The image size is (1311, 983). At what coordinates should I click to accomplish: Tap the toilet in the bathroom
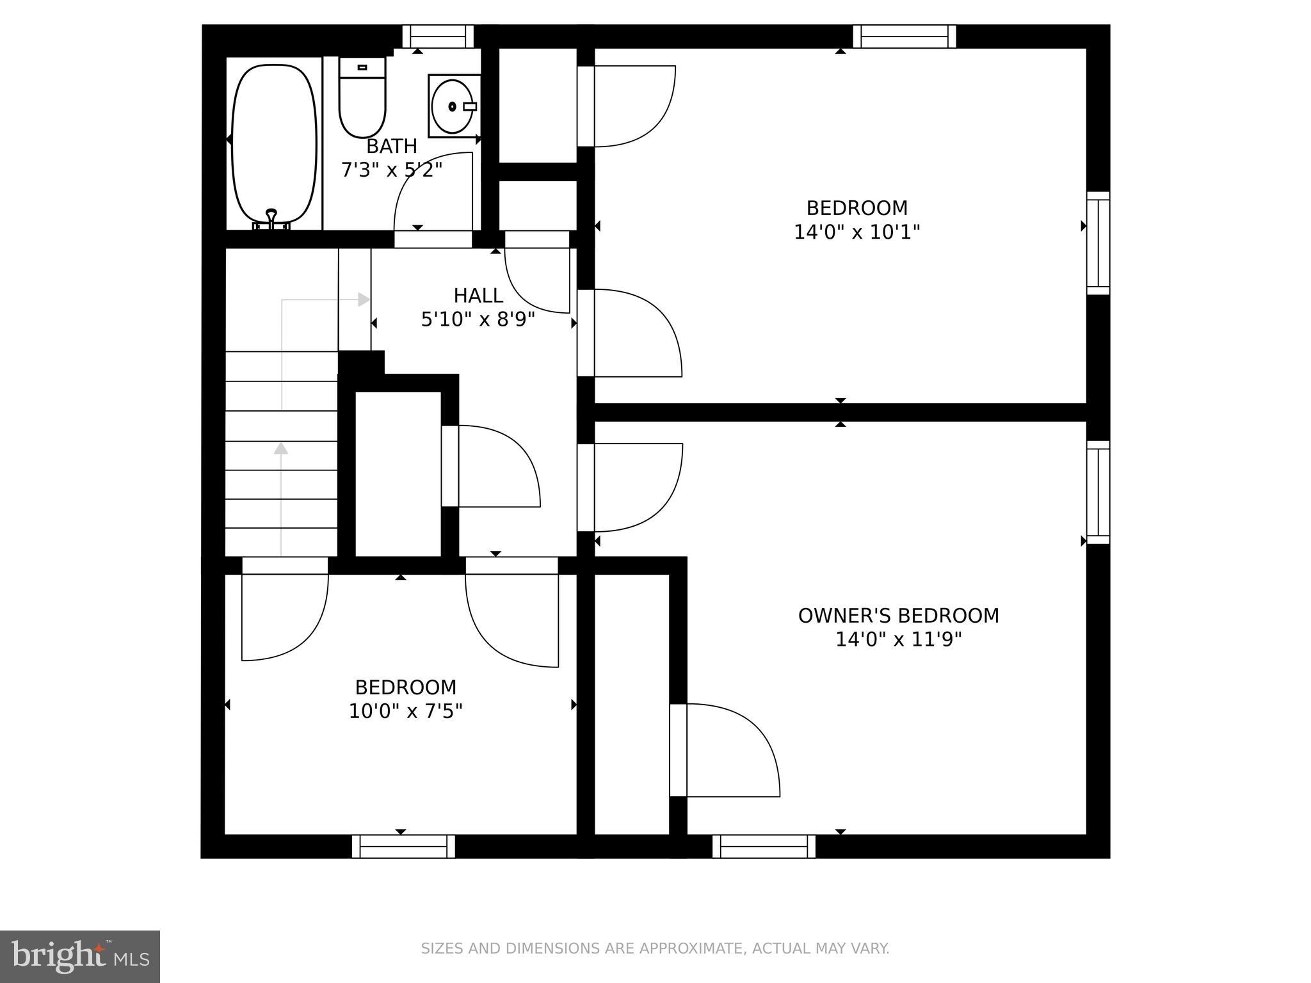[362, 102]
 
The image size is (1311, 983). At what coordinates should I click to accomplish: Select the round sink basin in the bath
[452, 106]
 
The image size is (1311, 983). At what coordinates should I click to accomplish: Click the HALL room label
[478, 296]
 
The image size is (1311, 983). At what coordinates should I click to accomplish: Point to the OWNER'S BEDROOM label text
[898, 616]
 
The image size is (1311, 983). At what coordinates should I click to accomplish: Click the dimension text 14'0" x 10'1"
[857, 232]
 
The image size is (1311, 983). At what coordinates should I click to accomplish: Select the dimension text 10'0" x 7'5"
[405, 711]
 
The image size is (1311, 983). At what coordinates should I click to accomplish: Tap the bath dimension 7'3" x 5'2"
[391, 170]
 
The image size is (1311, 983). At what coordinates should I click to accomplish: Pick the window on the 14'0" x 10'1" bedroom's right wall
[1098, 243]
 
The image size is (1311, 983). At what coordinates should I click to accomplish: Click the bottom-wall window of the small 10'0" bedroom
[403, 846]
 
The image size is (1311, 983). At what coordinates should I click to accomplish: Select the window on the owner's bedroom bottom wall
[764, 846]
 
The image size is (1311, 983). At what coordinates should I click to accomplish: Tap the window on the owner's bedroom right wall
[1098, 492]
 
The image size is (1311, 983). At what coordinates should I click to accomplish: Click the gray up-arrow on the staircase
[280, 449]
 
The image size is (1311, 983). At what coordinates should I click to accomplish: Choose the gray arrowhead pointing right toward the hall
[364, 300]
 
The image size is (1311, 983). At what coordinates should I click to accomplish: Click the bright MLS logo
[80, 956]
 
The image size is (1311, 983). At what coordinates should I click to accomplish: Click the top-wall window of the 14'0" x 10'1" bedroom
[904, 36]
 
